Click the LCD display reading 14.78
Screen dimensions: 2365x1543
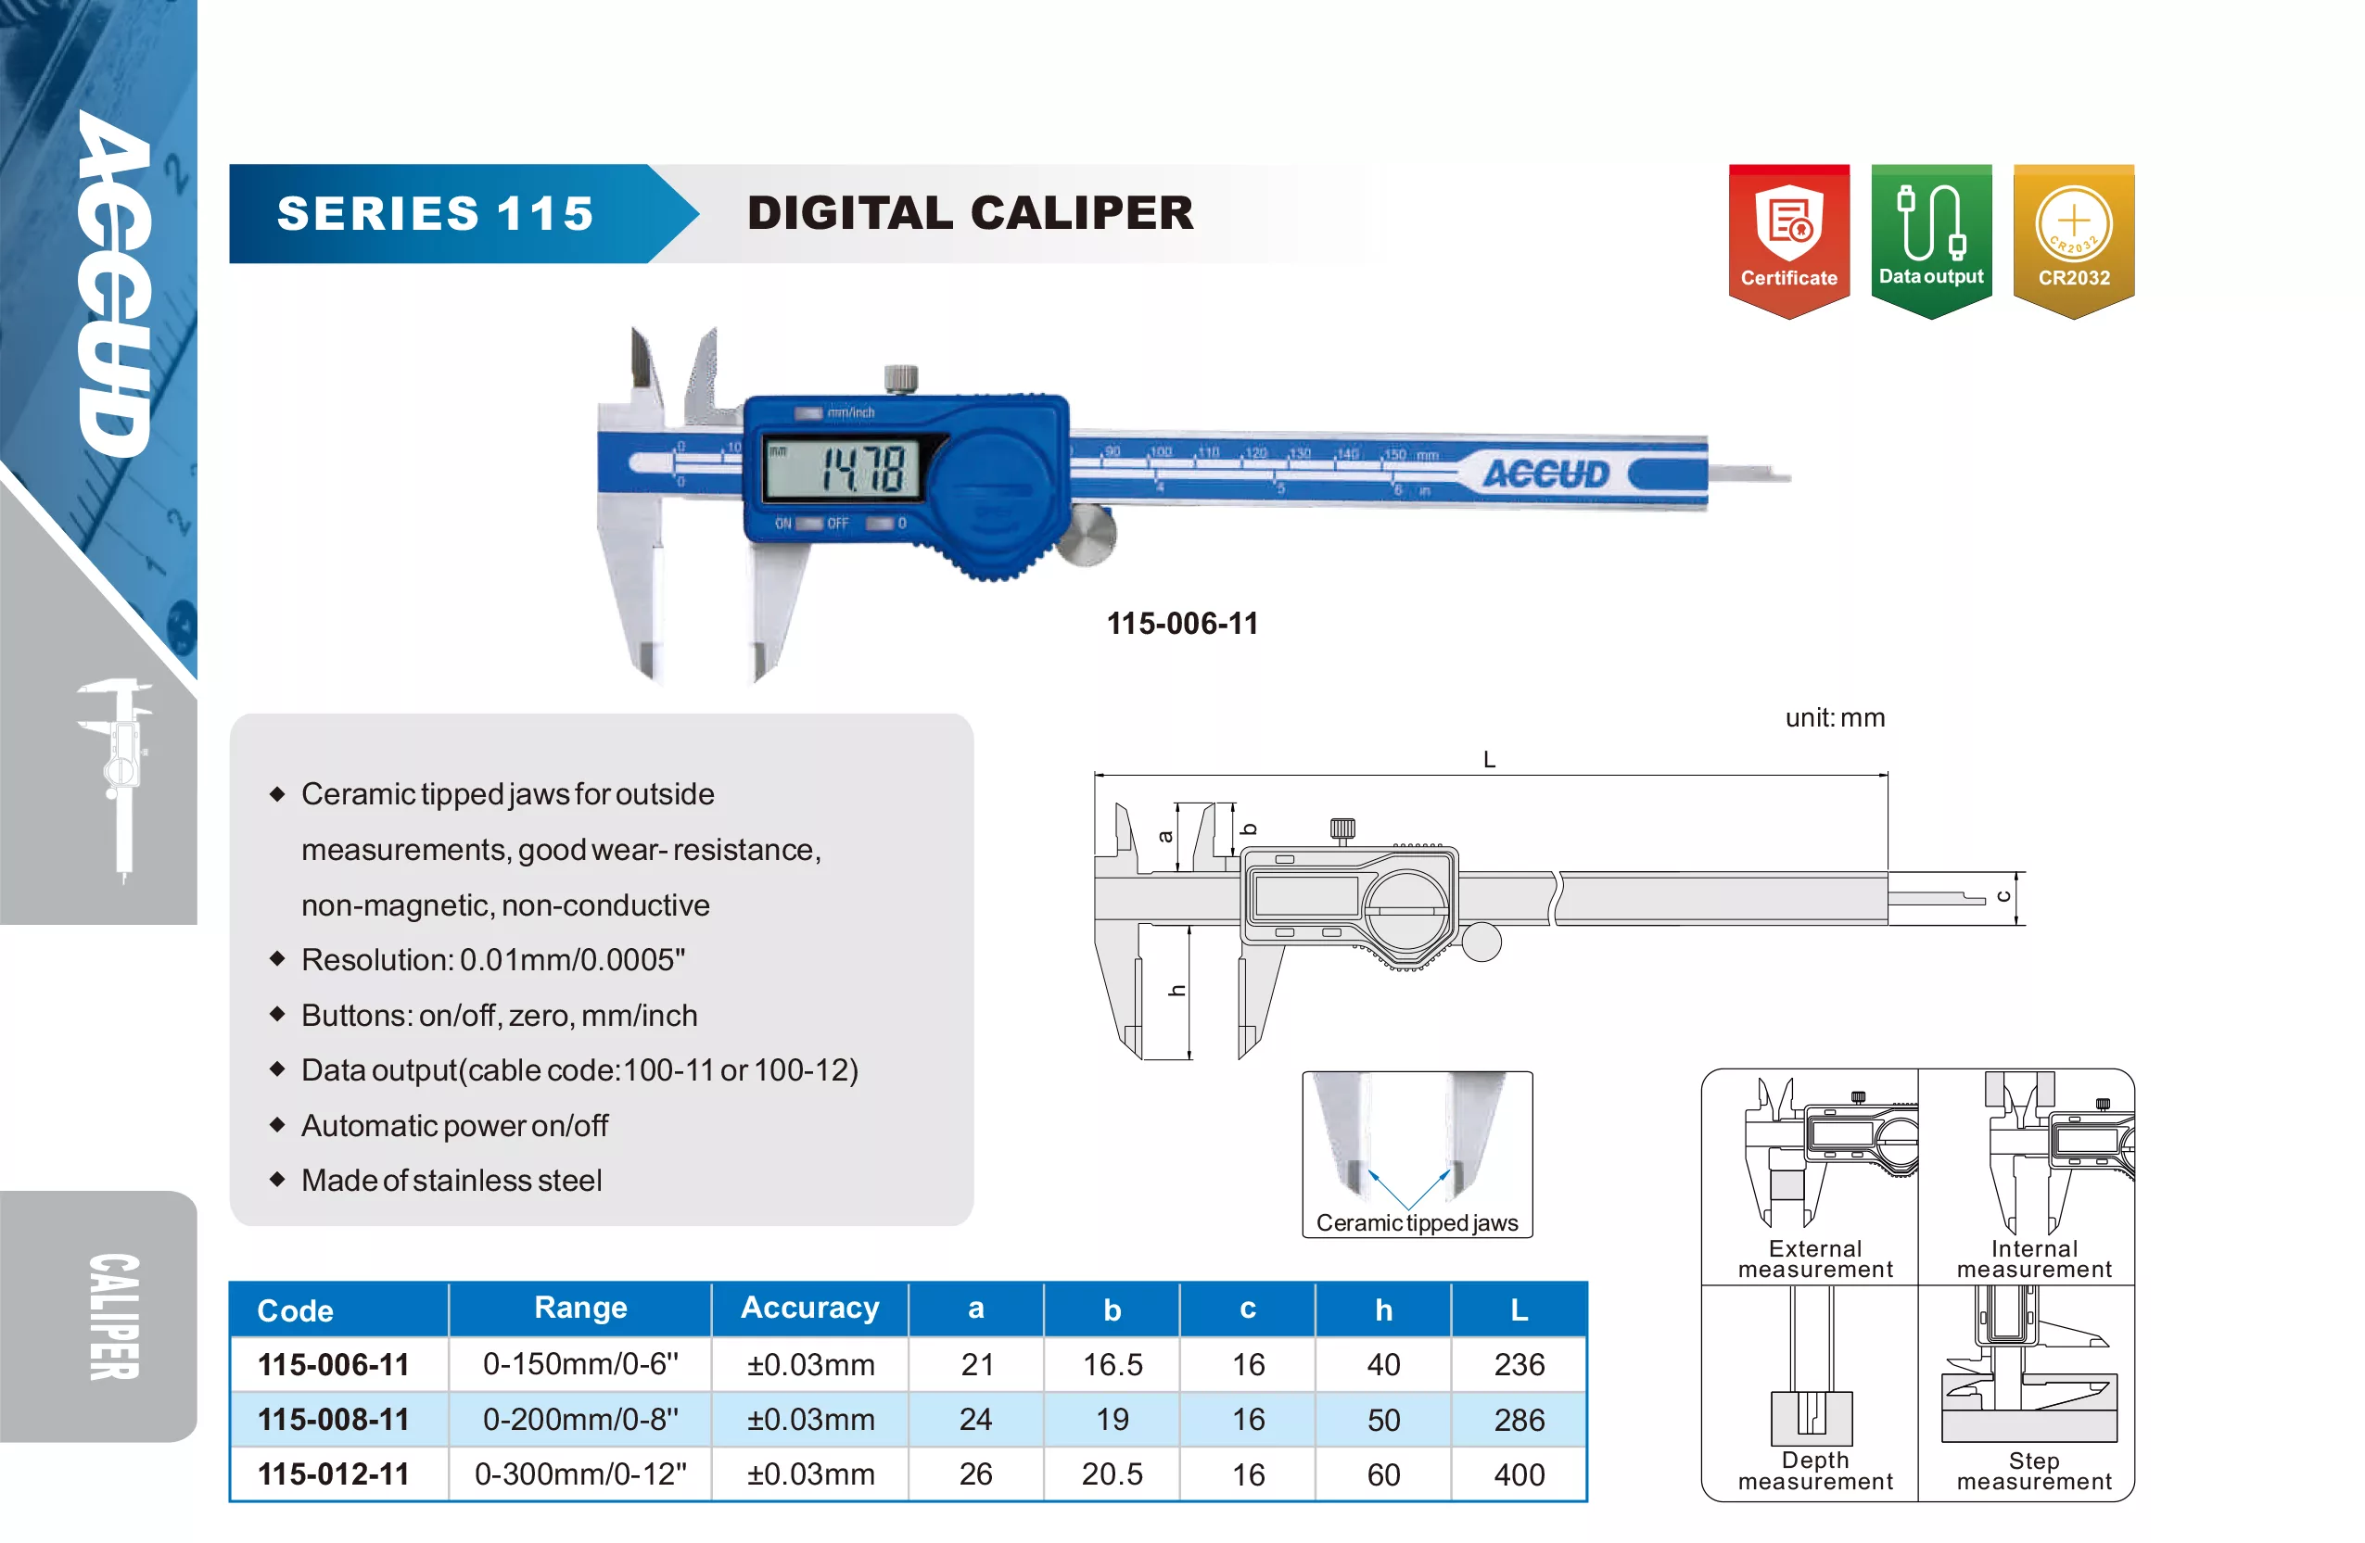point(842,468)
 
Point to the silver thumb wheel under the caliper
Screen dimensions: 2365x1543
point(1087,535)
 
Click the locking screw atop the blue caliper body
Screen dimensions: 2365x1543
point(900,378)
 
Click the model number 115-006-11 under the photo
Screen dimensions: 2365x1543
point(1183,623)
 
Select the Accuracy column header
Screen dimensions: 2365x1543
point(810,1308)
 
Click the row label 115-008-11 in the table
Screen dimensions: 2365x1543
point(333,1419)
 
